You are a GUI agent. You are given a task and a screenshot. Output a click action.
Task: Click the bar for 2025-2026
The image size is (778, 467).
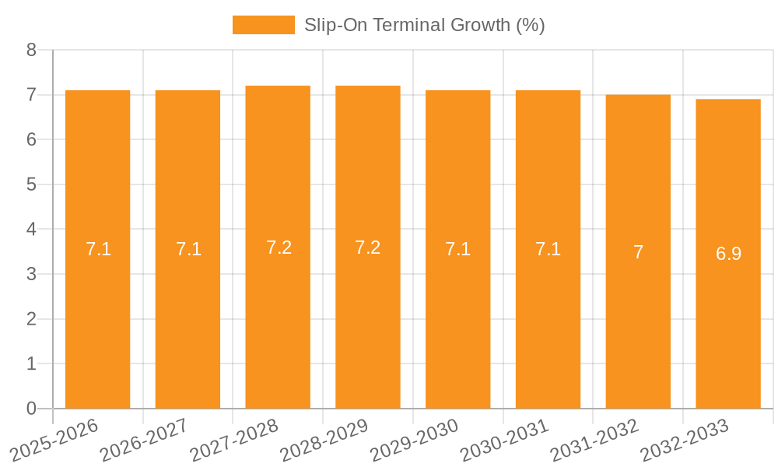click(97, 249)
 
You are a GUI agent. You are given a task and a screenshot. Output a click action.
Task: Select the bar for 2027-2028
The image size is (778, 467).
click(278, 247)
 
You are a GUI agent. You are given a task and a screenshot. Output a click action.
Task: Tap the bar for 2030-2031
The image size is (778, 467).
click(548, 249)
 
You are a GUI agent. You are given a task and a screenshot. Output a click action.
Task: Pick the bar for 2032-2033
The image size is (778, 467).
click(728, 254)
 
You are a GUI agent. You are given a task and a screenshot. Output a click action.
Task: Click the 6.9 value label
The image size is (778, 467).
click(728, 254)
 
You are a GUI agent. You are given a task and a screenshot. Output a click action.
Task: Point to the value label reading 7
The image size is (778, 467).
click(638, 252)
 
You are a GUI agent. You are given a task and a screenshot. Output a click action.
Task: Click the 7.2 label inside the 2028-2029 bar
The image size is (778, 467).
click(367, 248)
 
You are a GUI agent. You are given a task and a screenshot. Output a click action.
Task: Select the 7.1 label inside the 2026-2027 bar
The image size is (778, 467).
click(188, 249)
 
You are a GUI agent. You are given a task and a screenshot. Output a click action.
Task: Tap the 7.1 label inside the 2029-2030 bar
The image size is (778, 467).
click(457, 249)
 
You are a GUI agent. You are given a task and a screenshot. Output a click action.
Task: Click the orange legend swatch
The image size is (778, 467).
click(264, 25)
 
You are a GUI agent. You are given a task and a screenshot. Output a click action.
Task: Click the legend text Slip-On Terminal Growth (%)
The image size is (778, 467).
click(424, 25)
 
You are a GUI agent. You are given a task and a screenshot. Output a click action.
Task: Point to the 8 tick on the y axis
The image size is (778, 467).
click(32, 50)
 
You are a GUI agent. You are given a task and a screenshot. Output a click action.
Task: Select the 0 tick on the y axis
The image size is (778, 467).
click(32, 409)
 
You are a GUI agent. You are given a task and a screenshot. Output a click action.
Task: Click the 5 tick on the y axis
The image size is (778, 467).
click(32, 184)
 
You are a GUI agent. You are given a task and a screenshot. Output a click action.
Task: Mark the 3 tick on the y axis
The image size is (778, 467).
click(32, 274)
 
